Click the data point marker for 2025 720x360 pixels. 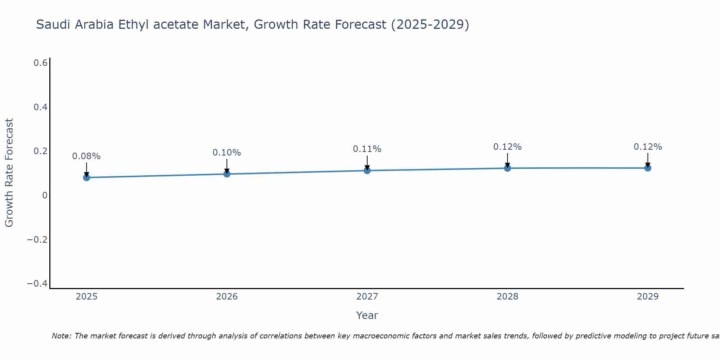click(86, 177)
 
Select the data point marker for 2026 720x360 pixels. click(227, 174)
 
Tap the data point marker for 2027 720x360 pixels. click(367, 170)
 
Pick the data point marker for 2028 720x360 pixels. click(508, 168)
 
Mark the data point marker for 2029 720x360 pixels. click(648, 168)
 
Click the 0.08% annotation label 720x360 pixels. click(86, 156)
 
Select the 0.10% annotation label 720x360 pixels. click(227, 153)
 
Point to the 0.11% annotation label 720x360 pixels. click(367, 149)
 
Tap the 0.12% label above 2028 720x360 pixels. click(508, 147)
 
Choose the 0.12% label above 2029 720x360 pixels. click(648, 147)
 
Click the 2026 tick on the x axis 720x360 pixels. click(227, 297)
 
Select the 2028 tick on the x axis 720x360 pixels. click(508, 297)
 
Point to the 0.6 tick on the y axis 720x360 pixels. click(40, 63)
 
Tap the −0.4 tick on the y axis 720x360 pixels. click(37, 284)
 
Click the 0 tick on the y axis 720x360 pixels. click(45, 195)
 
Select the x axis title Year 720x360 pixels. click(367, 315)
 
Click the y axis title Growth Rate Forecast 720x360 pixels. click(9, 172)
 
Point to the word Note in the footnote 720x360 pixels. click(61, 336)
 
